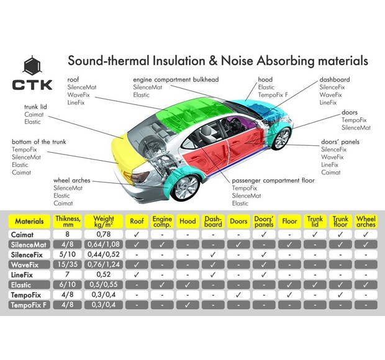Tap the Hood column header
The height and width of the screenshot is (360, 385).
187,220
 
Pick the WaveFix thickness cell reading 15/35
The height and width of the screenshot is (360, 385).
67,264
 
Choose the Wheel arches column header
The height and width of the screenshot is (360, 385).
366,220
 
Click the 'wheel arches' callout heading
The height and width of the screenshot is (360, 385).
71,180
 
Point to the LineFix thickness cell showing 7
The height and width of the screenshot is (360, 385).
67,274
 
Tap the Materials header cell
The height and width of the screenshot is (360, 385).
29,220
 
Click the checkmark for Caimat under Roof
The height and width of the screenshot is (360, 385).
135,234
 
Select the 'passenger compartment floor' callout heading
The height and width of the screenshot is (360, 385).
273,180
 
